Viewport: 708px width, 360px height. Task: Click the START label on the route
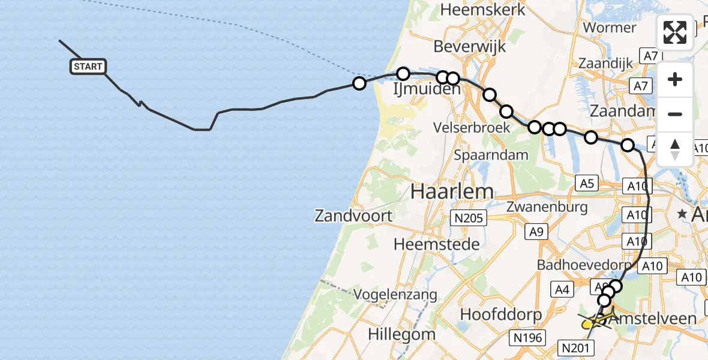[x=89, y=67]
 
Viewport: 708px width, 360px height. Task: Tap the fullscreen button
[x=675, y=32]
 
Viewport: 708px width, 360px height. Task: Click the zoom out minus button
[x=675, y=114]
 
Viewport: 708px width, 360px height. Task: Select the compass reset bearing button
[x=675, y=149]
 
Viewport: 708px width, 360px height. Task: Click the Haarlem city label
[x=452, y=192]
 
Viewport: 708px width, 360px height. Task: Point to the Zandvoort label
[x=353, y=216]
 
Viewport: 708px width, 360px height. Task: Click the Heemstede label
[x=437, y=244]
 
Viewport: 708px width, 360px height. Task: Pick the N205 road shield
[x=469, y=218]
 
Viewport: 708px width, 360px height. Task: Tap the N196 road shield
[x=527, y=338]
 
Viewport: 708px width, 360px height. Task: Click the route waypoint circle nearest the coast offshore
[x=359, y=83]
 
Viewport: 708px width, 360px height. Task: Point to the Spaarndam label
[x=491, y=155]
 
